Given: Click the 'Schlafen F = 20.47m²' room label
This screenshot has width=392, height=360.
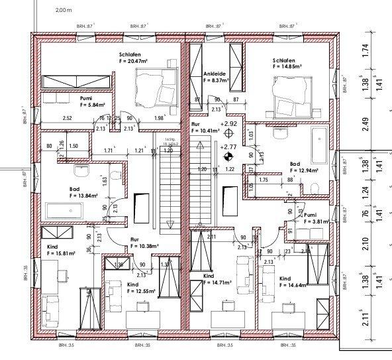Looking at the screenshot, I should pyautogui.click(x=137, y=60).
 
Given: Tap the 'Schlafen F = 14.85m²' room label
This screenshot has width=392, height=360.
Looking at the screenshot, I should pyautogui.click(x=287, y=63).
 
